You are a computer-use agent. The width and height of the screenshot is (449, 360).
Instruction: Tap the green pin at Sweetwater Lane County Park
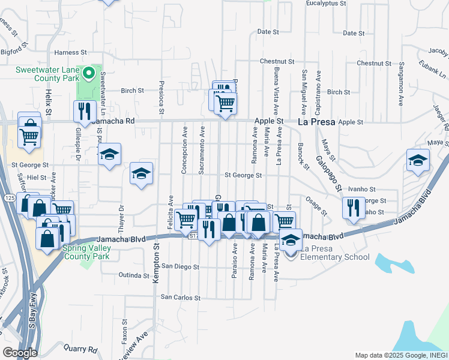tap(89, 73)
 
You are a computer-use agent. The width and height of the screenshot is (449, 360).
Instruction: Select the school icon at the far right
tap(418, 160)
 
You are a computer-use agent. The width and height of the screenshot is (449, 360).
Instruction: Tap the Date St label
tap(268, 31)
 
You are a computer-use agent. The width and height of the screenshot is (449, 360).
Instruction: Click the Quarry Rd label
tap(80, 349)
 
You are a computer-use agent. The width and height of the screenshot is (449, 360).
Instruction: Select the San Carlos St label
tap(179, 297)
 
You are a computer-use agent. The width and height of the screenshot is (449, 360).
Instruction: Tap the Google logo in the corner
tap(19, 352)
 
